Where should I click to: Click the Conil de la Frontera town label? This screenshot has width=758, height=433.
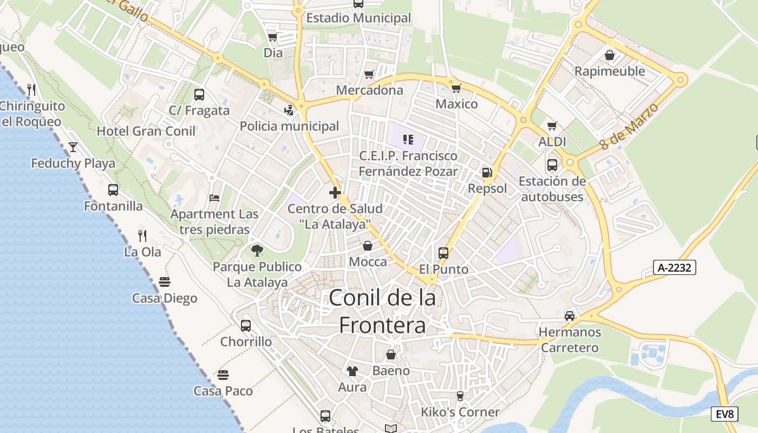point(382,311)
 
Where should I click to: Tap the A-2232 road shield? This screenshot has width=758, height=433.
point(674,267)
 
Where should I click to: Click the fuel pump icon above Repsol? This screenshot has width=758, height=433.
point(487,173)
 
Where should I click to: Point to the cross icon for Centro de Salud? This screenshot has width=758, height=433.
point(335,192)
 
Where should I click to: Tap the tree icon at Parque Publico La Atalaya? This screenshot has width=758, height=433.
point(257,250)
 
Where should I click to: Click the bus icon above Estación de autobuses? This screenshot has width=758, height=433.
point(552,165)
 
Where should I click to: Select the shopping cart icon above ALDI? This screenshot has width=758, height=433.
point(552,126)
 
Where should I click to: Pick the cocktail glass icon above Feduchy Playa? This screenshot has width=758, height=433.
point(73,147)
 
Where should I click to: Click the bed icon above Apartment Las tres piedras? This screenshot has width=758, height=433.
point(214,198)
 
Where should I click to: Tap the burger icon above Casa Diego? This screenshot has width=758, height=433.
point(165,282)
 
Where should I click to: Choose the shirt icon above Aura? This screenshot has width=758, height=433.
point(352,371)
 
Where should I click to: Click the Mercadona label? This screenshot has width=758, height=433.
point(370,90)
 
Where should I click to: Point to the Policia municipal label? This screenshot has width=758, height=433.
point(289,126)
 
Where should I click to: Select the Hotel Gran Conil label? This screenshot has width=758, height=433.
point(146,131)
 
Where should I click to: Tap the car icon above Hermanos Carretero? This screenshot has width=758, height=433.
point(570,316)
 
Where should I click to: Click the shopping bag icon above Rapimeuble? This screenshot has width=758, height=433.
point(610,55)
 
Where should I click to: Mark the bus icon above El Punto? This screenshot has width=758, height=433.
point(443,253)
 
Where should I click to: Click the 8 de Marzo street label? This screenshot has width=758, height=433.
point(629,126)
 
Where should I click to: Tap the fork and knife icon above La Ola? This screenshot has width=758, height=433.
point(142,235)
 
